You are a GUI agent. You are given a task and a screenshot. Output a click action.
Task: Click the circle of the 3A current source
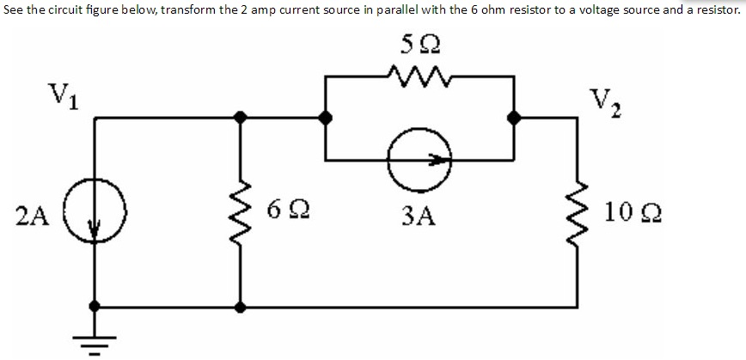(x=419, y=160)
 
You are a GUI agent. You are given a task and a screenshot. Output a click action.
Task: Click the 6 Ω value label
(x=284, y=208)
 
